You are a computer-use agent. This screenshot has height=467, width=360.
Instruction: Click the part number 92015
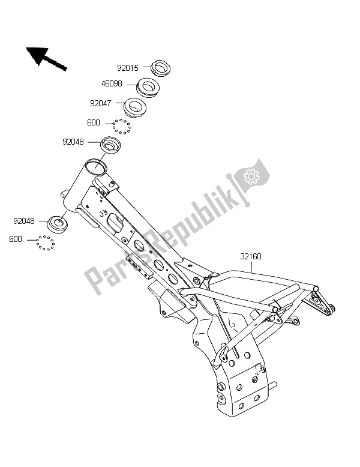tap(128, 68)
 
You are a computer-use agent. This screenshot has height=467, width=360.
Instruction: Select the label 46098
tap(112, 83)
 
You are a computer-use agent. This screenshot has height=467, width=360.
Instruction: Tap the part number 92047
tap(101, 103)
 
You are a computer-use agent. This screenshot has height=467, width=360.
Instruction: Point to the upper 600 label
tap(94, 122)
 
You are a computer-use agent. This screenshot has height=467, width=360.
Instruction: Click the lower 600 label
tap(16, 239)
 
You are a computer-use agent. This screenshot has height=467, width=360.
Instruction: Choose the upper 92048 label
tap(73, 142)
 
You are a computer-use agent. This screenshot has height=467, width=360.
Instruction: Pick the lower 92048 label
tap(24, 221)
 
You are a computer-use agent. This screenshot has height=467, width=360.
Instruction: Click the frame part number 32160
tap(251, 256)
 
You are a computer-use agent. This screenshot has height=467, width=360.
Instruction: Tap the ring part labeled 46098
tap(148, 86)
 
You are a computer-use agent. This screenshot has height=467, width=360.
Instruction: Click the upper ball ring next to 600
tap(121, 126)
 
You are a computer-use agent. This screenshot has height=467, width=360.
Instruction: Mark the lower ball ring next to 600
tap(46, 243)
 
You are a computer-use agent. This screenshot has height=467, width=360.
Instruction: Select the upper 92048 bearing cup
tap(111, 145)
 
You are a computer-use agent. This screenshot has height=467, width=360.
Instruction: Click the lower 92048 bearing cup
tap(57, 224)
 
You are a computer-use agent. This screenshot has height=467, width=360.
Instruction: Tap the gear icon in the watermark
tap(251, 176)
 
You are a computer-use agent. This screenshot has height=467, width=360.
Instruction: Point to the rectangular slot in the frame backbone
tap(116, 222)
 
